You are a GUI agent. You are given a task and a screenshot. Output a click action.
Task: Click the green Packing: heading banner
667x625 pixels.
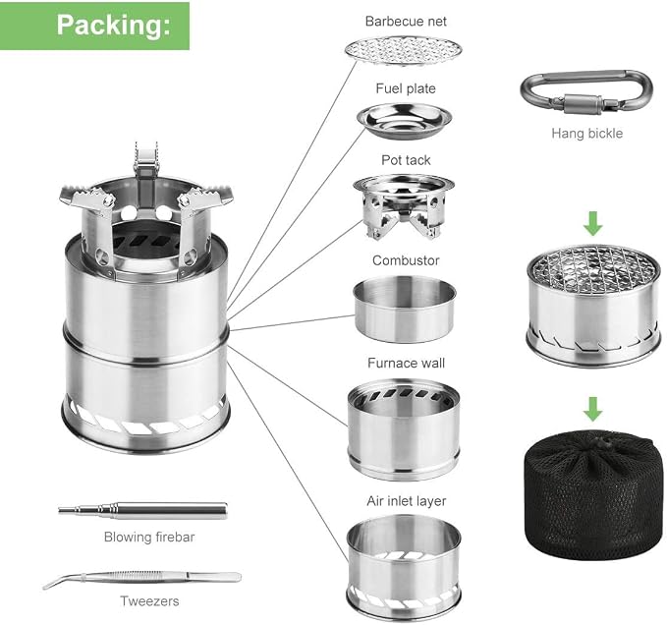point(94,26)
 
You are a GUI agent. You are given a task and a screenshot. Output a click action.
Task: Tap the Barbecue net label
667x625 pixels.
point(406,22)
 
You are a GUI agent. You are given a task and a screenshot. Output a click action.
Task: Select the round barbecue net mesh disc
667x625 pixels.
point(404,51)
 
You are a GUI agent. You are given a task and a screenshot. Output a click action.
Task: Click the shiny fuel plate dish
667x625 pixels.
point(404,121)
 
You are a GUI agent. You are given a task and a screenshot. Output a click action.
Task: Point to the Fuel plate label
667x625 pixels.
point(406,88)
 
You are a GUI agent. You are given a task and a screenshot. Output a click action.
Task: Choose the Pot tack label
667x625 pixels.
point(406,160)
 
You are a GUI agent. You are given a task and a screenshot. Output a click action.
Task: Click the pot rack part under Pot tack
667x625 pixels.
point(404,206)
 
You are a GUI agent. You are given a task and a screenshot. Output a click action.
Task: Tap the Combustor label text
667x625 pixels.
point(406,260)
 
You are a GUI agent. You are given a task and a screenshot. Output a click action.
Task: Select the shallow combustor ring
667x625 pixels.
point(405,309)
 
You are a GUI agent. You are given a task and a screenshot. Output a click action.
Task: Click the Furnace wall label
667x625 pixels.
point(406,363)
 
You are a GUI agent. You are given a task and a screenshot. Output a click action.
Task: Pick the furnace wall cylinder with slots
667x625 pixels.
point(404,429)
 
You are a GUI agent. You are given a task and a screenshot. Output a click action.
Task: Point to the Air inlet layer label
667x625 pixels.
point(407,501)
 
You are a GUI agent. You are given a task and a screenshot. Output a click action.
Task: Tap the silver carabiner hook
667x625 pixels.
point(586,92)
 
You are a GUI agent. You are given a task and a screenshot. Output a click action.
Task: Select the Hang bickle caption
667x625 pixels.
point(587,134)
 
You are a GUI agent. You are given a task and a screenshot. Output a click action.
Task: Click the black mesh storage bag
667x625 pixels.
point(593,495)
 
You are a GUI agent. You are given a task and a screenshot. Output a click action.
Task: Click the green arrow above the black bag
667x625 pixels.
point(593,409)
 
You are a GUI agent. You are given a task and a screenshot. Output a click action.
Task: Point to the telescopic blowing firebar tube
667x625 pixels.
point(142,510)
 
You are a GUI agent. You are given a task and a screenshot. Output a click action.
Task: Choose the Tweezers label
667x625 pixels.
point(149,601)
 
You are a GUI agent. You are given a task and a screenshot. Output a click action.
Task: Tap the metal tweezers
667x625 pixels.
point(142,578)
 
